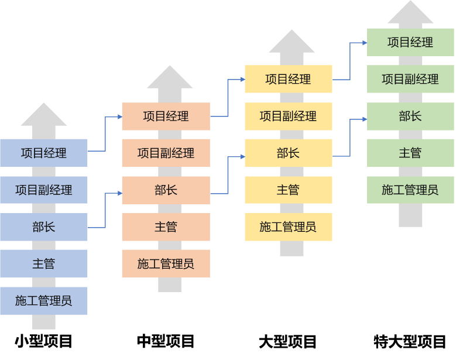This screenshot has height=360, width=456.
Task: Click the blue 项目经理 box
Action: tap(44, 153)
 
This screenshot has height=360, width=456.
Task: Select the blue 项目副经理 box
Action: tap(44, 190)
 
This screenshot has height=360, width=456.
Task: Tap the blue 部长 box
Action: tap(44, 227)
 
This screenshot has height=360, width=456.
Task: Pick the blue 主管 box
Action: tap(44, 263)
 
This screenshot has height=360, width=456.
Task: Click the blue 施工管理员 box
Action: tap(44, 300)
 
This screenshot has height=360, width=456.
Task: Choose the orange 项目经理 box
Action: tap(166, 116)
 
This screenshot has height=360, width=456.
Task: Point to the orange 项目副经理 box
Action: tap(166, 153)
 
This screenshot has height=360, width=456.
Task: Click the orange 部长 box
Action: tap(166, 190)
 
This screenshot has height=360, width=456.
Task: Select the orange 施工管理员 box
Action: tap(166, 263)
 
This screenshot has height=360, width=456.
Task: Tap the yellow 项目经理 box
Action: tap(288, 79)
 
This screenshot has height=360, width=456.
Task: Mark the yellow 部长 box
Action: tap(288, 153)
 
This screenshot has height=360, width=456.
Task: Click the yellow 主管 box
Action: tap(288, 190)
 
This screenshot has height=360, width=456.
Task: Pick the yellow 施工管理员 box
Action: tap(288, 227)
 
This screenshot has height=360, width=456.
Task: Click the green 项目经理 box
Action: tap(410, 42)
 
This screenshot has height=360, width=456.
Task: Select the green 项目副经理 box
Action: tap(410, 79)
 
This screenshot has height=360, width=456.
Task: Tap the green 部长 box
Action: tap(410, 116)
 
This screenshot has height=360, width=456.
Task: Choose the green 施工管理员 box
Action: tap(410, 190)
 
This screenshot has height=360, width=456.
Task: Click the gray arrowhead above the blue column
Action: tap(44, 116)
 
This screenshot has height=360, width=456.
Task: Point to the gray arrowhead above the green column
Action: tap(410, 13)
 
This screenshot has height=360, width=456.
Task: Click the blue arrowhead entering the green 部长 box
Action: tap(364, 119)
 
